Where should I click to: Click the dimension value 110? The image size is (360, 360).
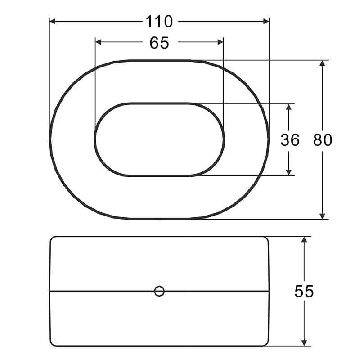tap(159, 22)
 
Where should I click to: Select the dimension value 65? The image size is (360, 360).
tap(159, 43)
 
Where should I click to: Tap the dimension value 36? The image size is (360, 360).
tap(290, 140)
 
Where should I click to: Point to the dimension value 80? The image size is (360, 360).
tap(323, 140)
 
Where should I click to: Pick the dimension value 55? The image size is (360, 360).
tap(304, 291)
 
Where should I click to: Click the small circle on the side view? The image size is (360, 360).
tap(159, 291)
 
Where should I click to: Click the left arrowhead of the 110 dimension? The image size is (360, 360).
tap(53, 21)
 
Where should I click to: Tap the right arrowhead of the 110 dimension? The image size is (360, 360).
tap(266, 21)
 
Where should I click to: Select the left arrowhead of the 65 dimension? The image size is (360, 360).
tap(98, 42)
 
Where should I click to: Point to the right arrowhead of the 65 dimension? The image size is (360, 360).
tap(220, 42)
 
